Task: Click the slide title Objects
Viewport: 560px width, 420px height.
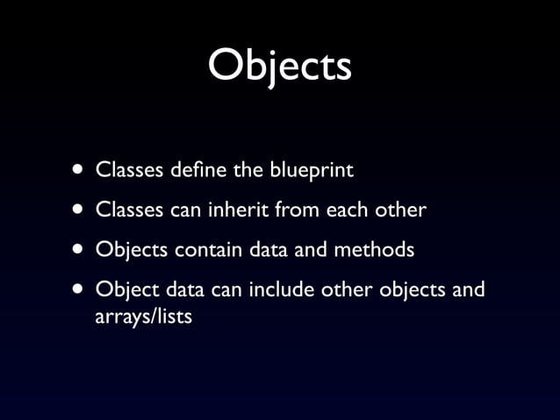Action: [x=279, y=66]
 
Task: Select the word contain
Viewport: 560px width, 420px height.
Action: [x=207, y=250]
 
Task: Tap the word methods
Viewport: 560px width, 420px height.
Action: [x=372, y=250]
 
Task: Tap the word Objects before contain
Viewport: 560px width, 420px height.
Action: [x=132, y=250]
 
